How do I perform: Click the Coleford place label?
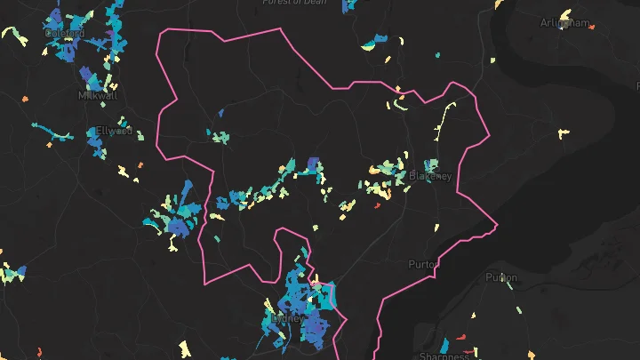coord(65,34)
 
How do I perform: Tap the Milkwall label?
coord(92,95)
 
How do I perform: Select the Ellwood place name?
coord(114,131)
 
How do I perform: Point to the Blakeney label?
coord(430,176)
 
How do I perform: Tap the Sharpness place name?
coord(444,356)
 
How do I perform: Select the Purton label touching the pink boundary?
coord(422,264)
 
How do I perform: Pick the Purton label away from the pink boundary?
coord(501,277)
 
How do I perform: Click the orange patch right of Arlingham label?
coord(591,28)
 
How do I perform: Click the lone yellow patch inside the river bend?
coord(563,133)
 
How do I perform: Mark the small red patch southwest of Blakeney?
coord(377,205)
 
